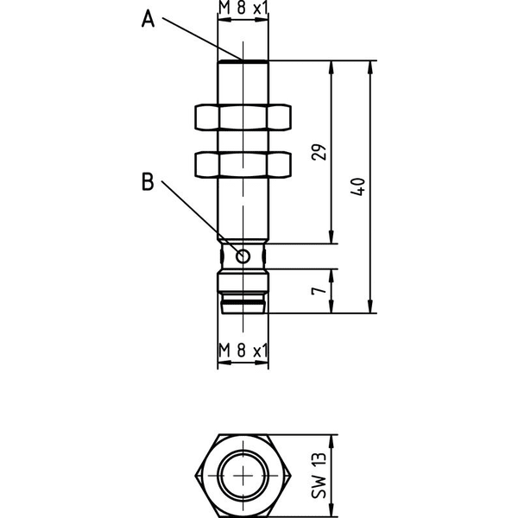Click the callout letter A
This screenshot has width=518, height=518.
[148, 19]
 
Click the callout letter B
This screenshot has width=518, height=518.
[148, 181]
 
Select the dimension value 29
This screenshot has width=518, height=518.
[319, 152]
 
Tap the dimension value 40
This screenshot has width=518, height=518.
[357, 186]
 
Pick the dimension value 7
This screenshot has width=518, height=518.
[319, 291]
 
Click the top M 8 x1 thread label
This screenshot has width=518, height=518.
[243, 9]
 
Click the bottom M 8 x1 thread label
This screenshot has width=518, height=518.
[243, 351]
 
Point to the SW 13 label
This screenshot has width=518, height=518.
[319, 475]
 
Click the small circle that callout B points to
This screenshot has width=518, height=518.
[243, 256]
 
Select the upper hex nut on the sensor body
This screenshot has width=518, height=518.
[243, 117]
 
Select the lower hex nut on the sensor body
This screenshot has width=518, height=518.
[243, 164]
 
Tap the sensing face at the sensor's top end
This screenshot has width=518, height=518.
[243, 61]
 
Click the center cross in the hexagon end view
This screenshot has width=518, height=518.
[243, 476]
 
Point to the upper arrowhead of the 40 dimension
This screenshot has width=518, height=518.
[370, 67]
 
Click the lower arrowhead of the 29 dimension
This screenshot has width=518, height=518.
[332, 237]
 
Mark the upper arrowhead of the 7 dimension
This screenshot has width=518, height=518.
[332, 276]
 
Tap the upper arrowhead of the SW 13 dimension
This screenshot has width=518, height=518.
[332, 442]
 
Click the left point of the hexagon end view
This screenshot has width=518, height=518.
[195, 476]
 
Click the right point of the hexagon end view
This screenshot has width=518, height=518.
[292, 476]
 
